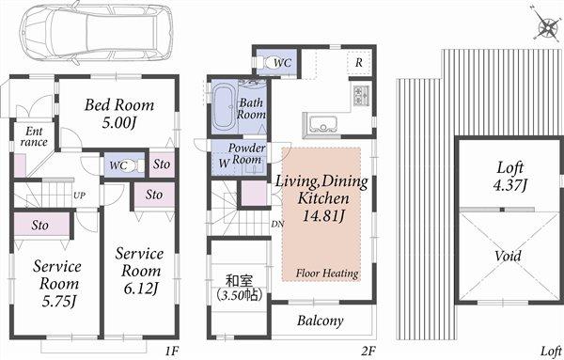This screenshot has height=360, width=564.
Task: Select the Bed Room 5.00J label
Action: pyautogui.click(x=118, y=114)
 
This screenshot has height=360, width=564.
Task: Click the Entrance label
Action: pyautogui.click(x=31, y=137)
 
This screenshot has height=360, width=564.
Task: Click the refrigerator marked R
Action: pyautogui.click(x=359, y=63)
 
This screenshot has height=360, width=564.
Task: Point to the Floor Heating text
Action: pyautogui.click(x=326, y=274)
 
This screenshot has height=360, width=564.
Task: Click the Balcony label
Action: pyautogui.click(x=320, y=321)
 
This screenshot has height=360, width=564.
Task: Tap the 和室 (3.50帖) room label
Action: pyautogui.click(x=237, y=286)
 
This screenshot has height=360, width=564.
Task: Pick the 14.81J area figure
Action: pyautogui.click(x=323, y=218)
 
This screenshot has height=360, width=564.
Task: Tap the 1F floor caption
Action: pyautogui.click(x=172, y=351)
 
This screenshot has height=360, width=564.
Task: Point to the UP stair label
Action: pyautogui.click(x=80, y=195)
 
